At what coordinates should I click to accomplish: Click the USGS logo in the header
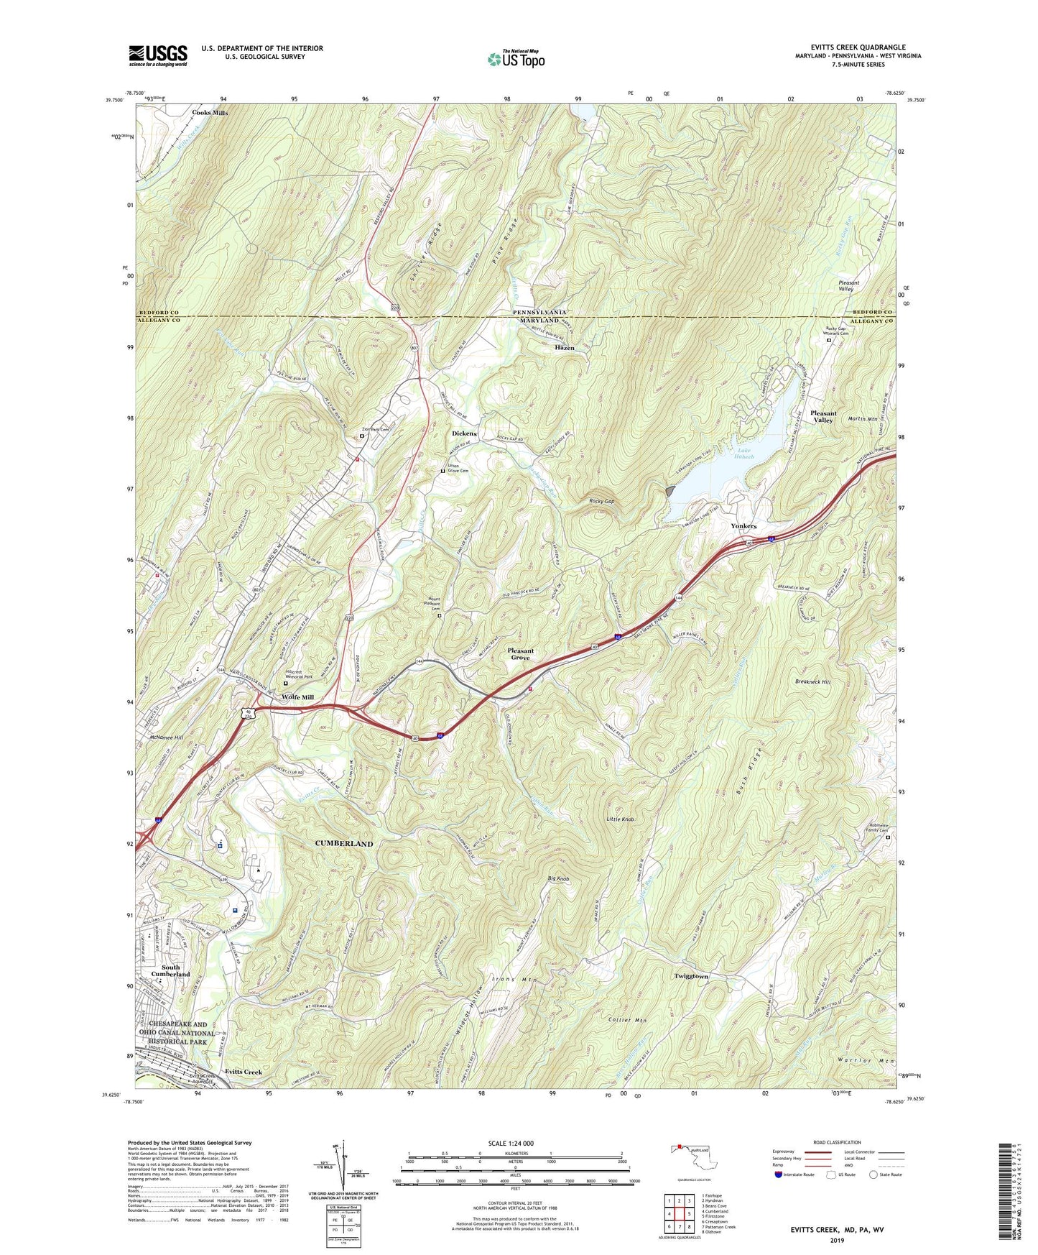point(158,55)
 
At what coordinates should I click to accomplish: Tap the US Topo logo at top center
point(515,59)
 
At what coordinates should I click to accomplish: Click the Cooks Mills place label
point(210,113)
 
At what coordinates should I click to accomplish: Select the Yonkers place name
point(743,526)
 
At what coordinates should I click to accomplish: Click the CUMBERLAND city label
point(344,843)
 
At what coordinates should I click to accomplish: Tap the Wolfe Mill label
point(297,697)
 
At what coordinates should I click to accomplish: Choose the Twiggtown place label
point(691,976)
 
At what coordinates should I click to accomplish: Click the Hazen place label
point(565,348)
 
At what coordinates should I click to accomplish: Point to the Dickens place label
point(464,434)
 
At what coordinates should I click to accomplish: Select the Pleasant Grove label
point(521,654)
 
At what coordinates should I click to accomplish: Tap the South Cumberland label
point(170,971)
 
